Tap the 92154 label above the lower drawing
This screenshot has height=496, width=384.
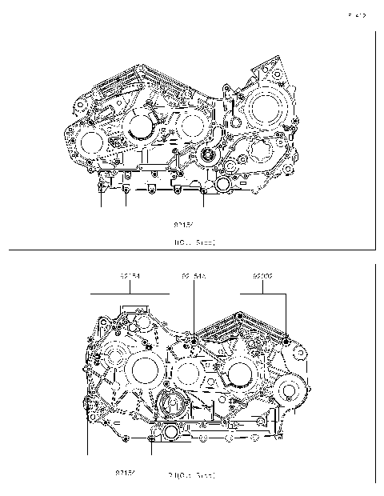130,276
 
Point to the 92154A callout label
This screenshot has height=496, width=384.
194,276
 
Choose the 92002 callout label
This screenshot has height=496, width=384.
263,276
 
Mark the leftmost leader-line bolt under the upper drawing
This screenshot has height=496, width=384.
101,186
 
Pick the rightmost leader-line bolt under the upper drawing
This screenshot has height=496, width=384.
204,190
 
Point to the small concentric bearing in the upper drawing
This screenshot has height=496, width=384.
211,155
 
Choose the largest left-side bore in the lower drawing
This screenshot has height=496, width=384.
145,370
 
